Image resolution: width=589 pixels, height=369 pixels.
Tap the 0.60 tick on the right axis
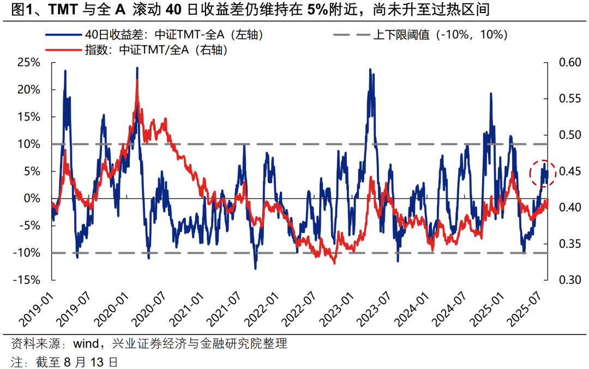point(567,62)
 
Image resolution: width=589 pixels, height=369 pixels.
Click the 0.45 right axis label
point(567,171)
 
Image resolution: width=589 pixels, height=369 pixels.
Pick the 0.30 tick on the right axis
point(567,280)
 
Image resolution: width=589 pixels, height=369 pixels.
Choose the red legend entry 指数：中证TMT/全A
point(155,50)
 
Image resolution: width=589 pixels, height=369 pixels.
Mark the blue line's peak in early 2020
point(137,68)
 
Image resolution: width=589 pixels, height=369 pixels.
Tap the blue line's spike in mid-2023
point(370,70)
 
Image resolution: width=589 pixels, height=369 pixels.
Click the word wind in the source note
point(85,344)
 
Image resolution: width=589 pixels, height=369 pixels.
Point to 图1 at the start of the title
point(15,9)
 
